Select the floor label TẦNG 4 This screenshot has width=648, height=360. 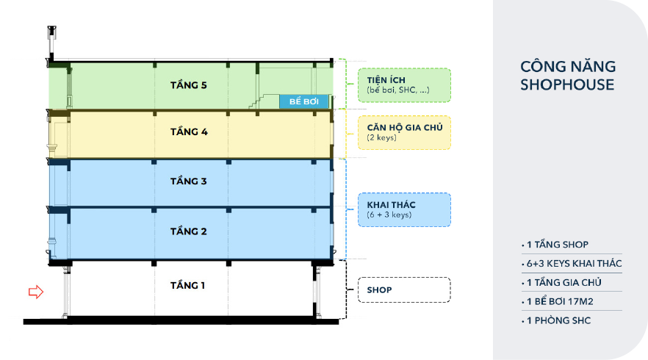coord(189,132)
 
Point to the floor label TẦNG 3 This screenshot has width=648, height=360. coord(189,181)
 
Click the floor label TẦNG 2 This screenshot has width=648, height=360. coord(189,231)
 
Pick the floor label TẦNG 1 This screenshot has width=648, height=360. coord(189,285)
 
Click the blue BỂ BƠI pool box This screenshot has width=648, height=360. coord(303,101)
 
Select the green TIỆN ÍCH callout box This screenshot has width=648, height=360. coord(403,84)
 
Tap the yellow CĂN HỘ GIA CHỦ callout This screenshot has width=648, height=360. coord(403,132)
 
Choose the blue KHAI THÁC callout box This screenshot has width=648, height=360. coord(403,209)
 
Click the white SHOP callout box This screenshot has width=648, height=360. coord(403,289)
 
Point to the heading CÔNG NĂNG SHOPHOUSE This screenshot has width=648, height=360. coord(567,76)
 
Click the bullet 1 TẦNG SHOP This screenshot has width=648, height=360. coord(556,245)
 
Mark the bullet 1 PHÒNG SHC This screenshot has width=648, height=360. coord(558,321)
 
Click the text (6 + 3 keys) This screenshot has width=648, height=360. coord(389,215)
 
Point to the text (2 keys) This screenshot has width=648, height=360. coord(382,137)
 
